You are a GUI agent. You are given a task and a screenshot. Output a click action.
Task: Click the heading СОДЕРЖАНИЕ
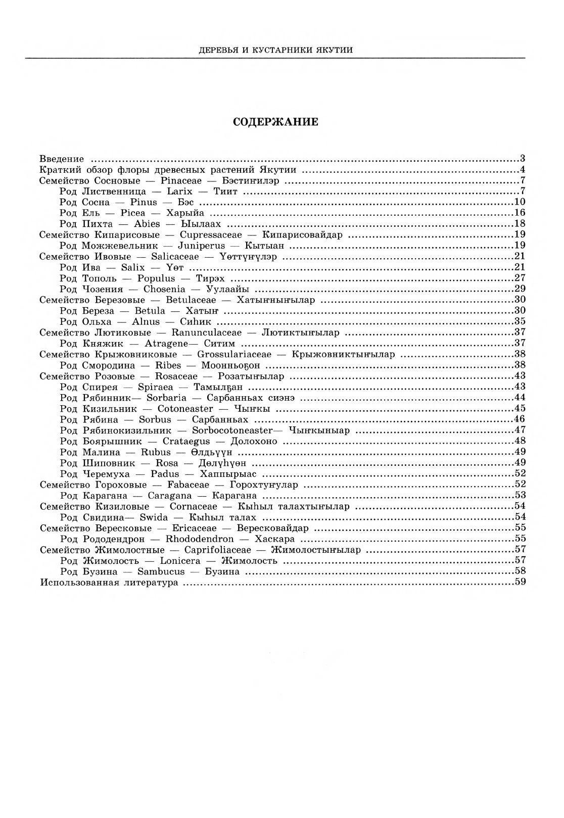coord(275,122)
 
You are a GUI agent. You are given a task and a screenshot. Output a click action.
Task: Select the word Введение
coord(62,159)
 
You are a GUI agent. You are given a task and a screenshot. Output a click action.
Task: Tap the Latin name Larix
coord(179,191)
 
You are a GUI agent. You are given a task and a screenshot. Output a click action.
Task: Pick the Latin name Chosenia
coord(164,289)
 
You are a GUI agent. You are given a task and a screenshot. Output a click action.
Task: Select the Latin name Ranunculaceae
coord(205,332)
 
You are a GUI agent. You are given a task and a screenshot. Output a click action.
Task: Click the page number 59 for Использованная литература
coord(520,582)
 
